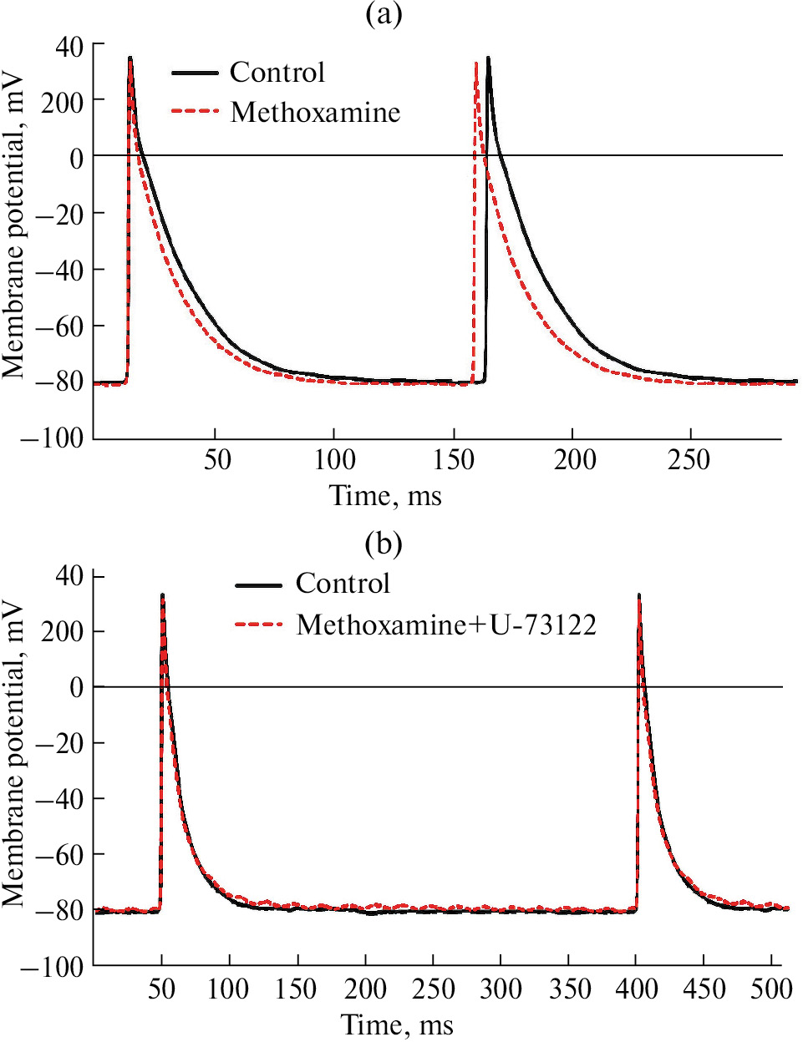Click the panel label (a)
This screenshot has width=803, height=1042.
tap(384, 14)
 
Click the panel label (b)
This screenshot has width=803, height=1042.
tap(384, 544)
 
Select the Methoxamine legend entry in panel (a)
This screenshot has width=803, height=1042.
tap(315, 112)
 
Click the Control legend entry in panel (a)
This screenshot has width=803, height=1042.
tap(277, 73)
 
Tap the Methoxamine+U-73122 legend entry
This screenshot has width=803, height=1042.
tap(445, 625)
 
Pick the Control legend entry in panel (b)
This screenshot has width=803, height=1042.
tap(343, 583)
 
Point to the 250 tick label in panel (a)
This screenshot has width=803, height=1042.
tap(689, 459)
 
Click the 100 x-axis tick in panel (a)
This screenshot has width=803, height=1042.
tap(334, 459)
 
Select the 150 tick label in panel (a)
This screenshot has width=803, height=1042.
tap(454, 459)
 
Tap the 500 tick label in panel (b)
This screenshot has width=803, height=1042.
tap(771, 989)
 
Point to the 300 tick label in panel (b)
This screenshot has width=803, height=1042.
tap(501, 989)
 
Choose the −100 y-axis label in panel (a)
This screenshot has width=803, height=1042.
tap(52, 438)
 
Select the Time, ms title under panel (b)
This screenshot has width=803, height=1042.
tap(397, 1024)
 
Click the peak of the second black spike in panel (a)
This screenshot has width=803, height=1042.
tap(488, 58)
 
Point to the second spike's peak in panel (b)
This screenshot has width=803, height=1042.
tap(639, 595)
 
